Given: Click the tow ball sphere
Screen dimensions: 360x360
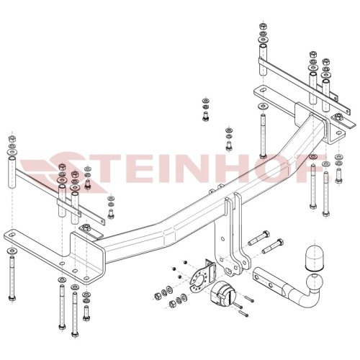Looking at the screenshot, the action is click(x=315, y=282).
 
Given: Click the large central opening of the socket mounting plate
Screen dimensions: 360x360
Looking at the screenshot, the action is click(x=199, y=279).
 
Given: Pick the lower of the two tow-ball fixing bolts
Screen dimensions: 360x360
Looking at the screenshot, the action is click(x=272, y=246).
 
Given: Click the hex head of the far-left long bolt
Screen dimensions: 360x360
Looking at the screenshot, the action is click(x=12, y=298).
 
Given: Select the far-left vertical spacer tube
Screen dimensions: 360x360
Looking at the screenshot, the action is click(x=12, y=172).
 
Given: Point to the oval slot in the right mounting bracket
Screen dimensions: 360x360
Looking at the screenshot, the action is click(x=263, y=90).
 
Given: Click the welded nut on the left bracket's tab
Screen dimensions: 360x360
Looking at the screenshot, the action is click(x=86, y=227).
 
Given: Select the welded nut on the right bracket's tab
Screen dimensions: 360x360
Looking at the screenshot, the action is click(x=338, y=117).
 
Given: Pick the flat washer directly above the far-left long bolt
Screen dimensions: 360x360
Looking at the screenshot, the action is click(x=12, y=251).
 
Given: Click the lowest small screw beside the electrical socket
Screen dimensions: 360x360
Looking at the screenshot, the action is click(x=243, y=314).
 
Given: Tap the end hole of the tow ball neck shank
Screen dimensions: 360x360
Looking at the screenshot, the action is click(x=257, y=278).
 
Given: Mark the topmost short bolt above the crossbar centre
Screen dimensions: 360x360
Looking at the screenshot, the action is click(x=205, y=116).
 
